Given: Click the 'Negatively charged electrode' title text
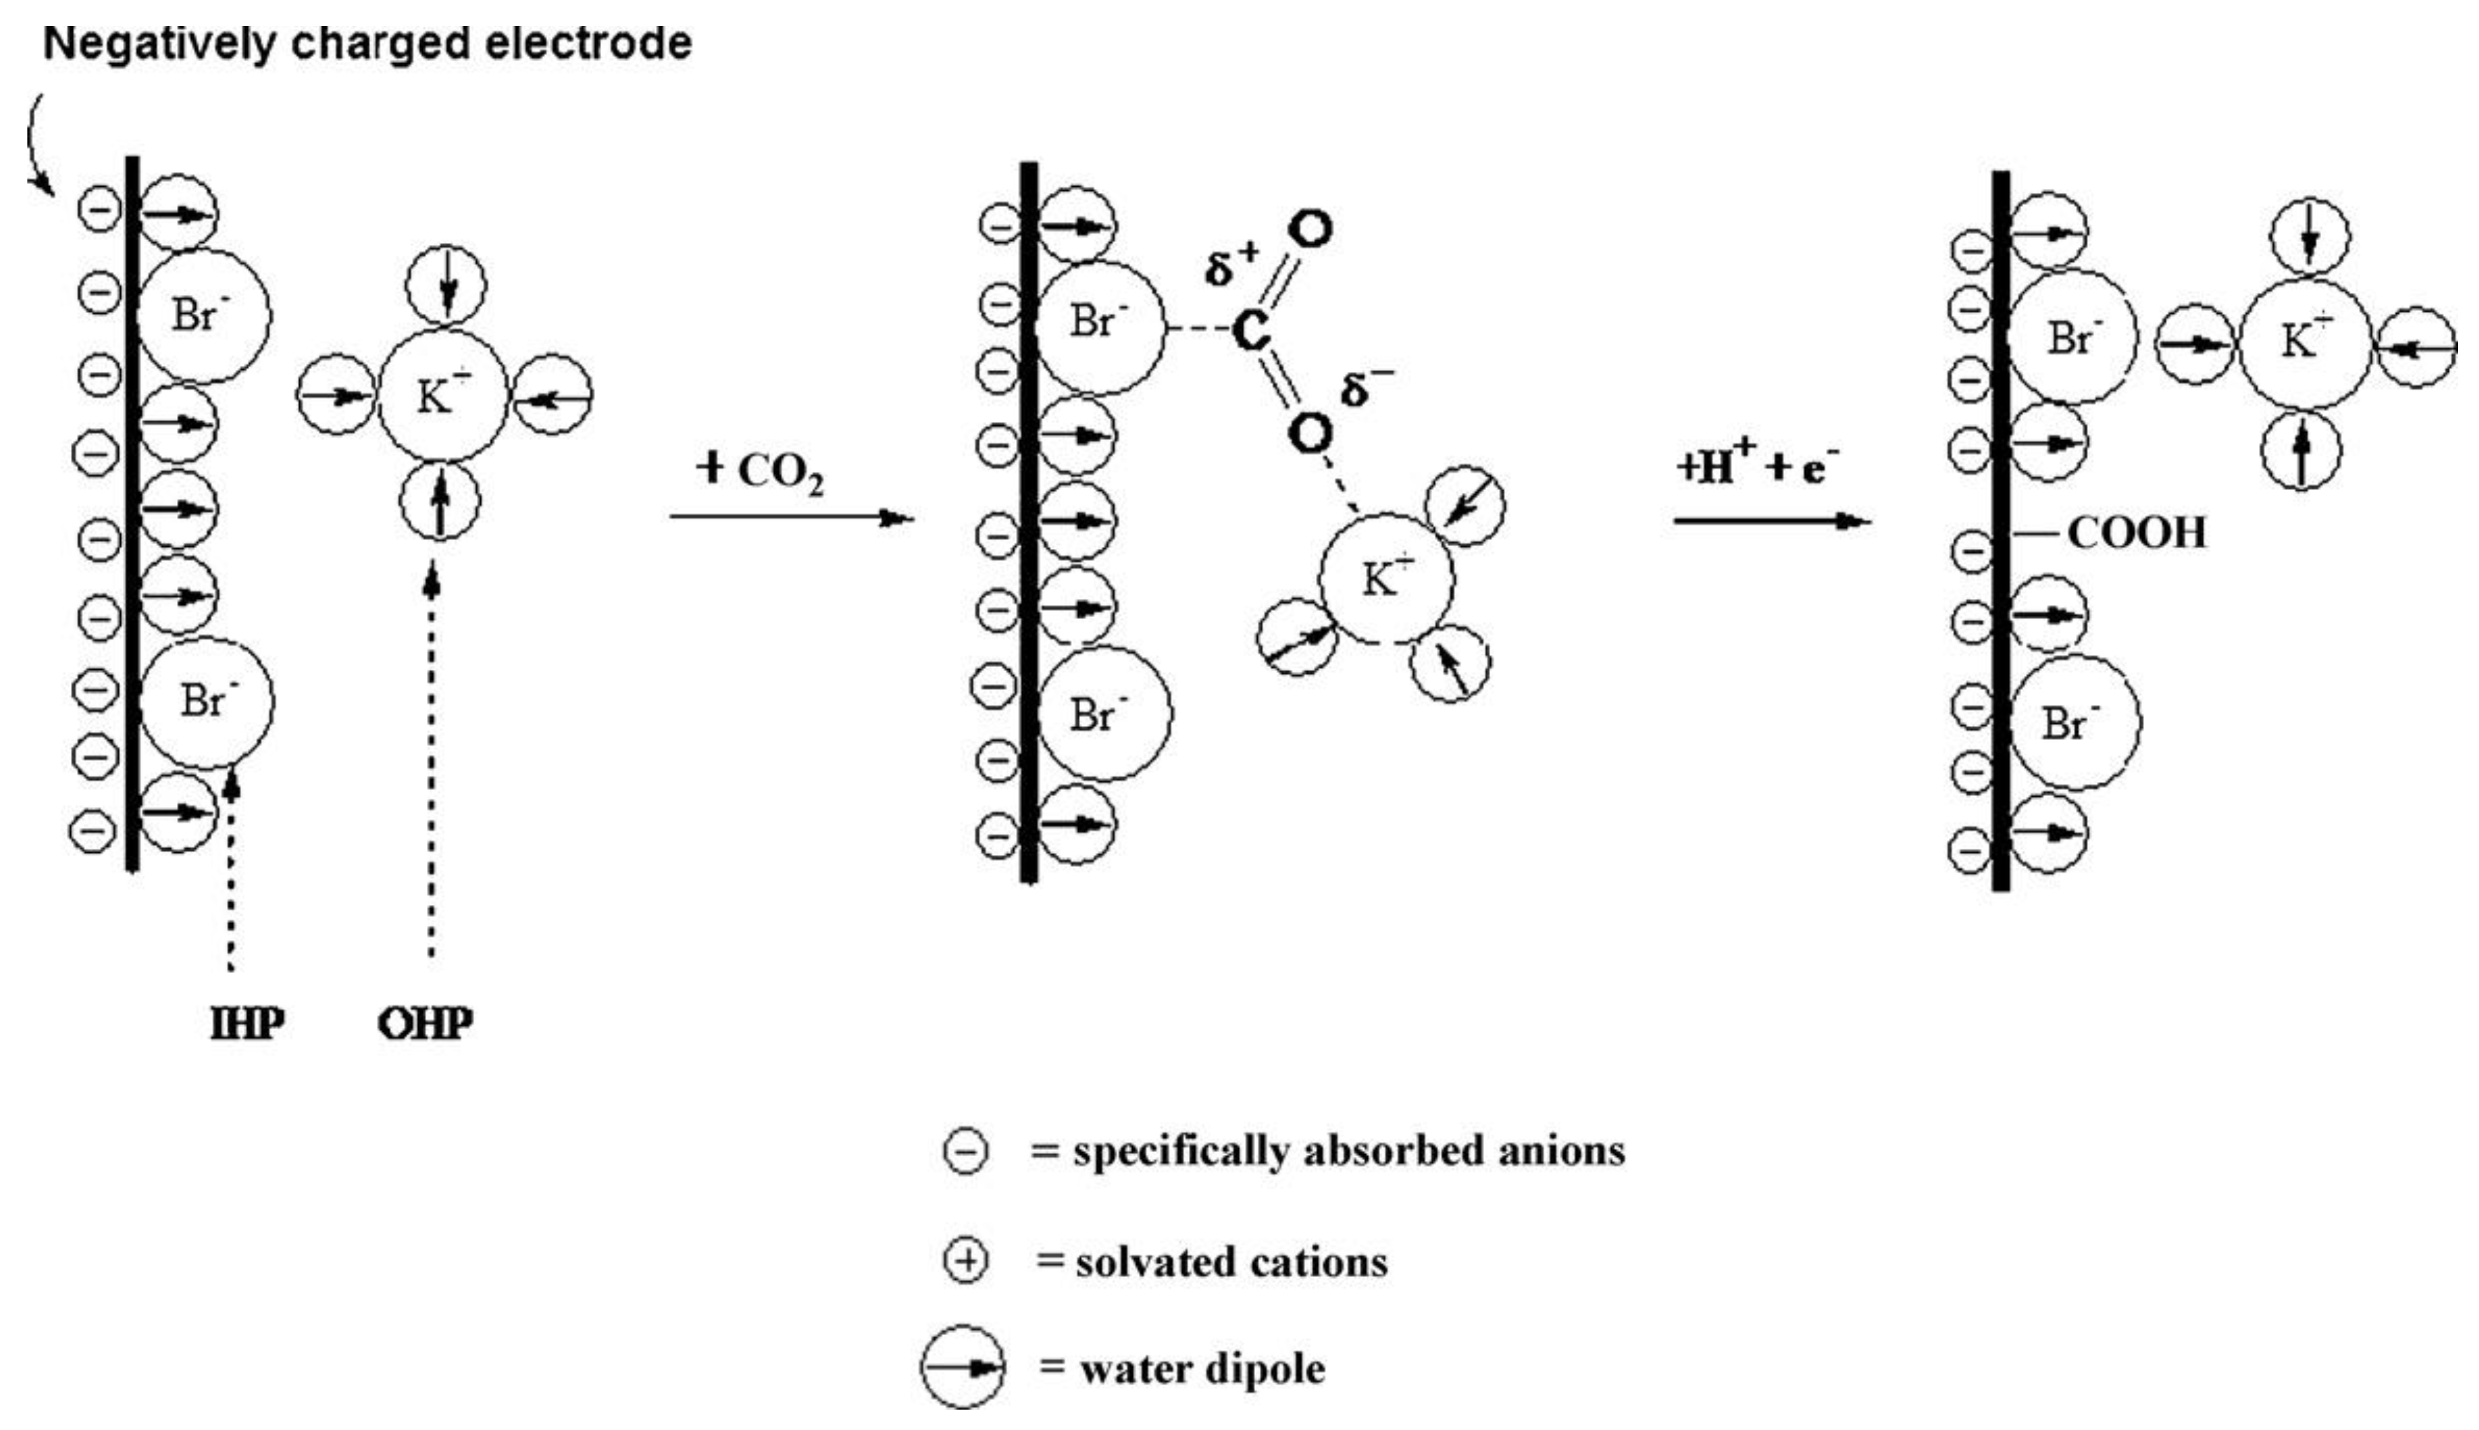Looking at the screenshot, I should click(x=367, y=44).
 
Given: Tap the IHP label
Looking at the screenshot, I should click(x=246, y=1024).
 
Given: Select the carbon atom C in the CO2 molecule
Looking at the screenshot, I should click(x=1250, y=330).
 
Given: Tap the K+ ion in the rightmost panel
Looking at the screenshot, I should click(x=2304, y=343).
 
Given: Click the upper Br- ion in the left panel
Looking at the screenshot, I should click(x=204, y=315).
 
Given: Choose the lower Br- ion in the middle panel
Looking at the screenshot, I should click(x=1105, y=714).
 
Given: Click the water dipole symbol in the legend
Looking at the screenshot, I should click(x=963, y=1368).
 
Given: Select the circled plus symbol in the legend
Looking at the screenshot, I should click(x=966, y=1261).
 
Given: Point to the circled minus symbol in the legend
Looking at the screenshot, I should click(x=966, y=1151).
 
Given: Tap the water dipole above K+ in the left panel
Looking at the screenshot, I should click(x=447, y=285).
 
